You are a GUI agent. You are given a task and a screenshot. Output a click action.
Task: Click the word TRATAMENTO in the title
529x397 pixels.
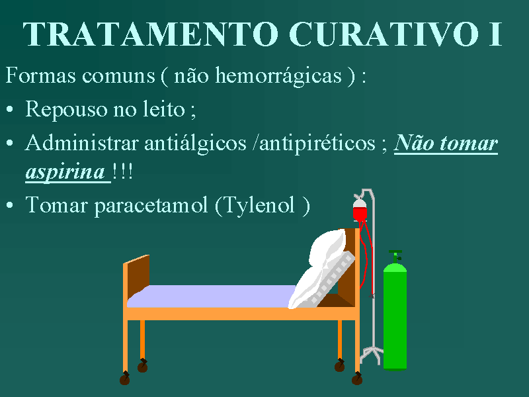151,34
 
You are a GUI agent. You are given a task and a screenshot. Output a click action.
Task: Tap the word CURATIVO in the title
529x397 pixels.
384,34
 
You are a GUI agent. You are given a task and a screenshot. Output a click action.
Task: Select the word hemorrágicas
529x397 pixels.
278,75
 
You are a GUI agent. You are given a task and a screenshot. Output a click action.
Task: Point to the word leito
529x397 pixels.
164,109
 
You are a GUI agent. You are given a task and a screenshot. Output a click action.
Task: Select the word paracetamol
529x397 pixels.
151,206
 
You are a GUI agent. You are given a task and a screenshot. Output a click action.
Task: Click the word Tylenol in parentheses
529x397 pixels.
259,205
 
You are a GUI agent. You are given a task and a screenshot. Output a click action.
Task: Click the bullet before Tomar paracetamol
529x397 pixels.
10,205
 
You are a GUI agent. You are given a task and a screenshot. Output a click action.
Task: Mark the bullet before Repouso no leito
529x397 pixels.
10,109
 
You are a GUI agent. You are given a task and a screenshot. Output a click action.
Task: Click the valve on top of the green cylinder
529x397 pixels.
395,256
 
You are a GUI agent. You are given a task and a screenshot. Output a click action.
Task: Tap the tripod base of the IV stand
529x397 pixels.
372,355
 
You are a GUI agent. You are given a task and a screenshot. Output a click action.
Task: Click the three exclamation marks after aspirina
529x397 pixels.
122,171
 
